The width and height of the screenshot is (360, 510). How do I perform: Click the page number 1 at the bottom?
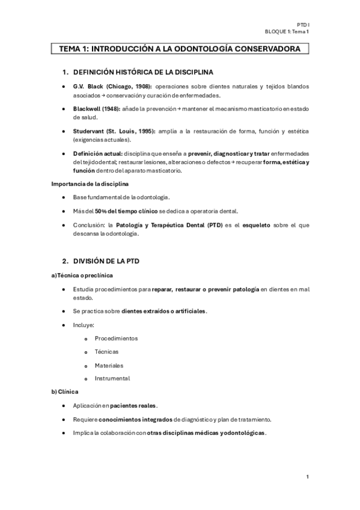click(x=308, y=477)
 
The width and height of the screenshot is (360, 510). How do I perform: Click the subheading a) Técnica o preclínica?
click(x=81, y=275)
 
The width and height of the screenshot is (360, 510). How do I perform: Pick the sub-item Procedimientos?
click(x=116, y=338)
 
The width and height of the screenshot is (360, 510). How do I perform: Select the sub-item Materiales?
click(x=109, y=365)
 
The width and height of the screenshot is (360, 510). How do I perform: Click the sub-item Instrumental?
click(x=112, y=378)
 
